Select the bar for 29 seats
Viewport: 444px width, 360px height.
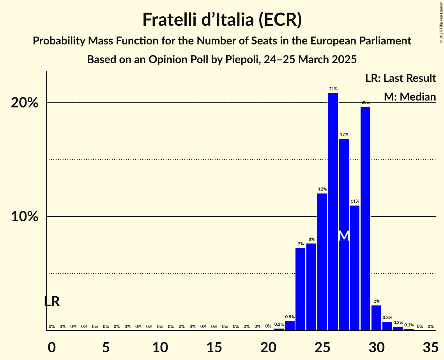(x=365, y=218)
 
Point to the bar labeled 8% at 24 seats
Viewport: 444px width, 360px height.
(x=311, y=287)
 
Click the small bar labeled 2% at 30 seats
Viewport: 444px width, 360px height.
(x=376, y=318)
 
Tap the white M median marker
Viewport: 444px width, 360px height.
(x=344, y=236)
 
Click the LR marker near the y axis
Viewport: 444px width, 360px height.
(x=52, y=301)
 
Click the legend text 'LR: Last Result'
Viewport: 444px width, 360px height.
(x=400, y=78)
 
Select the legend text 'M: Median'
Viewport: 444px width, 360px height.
(x=410, y=97)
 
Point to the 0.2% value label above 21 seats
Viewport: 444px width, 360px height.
(x=279, y=325)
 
